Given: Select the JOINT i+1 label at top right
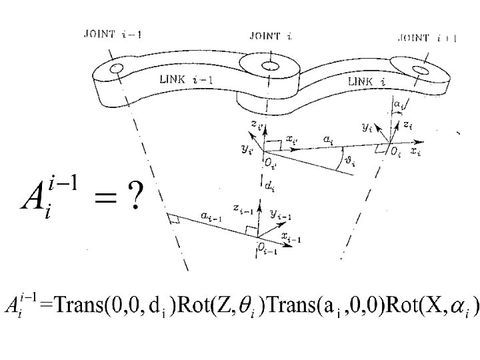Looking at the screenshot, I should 427,38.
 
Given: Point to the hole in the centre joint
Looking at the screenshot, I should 269,65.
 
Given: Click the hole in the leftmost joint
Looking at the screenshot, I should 117,68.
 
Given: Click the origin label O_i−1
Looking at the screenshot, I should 265,248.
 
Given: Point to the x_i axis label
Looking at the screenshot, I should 415,153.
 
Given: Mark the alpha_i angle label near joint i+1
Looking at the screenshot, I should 397,104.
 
